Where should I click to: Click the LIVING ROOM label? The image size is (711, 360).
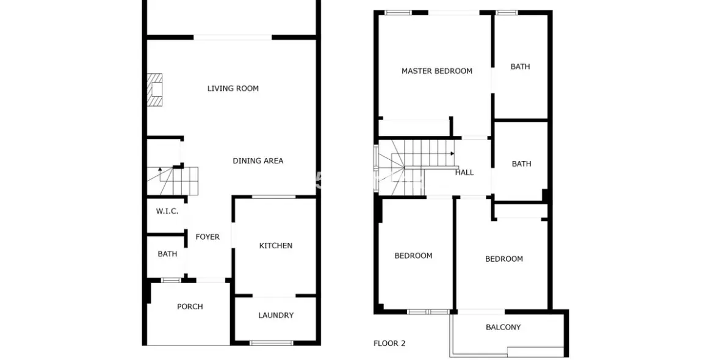[233, 88]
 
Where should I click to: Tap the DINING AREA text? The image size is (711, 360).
[258, 161]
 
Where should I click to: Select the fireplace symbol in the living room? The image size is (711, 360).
[154, 90]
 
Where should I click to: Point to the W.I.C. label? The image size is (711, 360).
[167, 211]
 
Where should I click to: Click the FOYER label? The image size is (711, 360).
[208, 237]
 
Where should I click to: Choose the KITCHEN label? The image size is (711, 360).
[276, 246]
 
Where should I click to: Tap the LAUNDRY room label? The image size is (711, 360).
[276, 315]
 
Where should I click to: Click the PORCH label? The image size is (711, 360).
[190, 306]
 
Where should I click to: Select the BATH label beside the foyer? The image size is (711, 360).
[167, 254]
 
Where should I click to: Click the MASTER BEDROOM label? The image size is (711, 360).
[437, 71]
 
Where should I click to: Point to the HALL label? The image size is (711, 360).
[464, 173]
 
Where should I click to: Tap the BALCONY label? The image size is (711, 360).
[503, 327]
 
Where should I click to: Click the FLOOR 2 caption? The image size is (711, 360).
[389, 344]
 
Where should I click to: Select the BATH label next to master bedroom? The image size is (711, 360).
[520, 67]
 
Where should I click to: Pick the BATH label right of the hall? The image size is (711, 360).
[521, 164]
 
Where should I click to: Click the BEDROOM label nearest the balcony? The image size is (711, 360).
[504, 259]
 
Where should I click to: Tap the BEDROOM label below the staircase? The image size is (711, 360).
[414, 256]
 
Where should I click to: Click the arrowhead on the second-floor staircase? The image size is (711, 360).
[452, 154]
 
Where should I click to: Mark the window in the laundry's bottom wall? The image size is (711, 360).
[272, 343]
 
